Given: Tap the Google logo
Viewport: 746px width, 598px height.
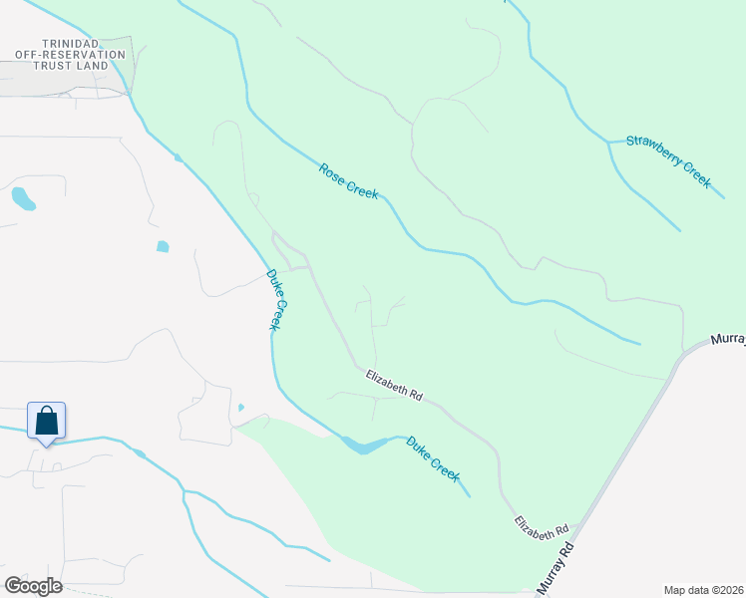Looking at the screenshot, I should click(33, 585).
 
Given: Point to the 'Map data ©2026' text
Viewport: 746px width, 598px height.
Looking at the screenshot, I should click(703, 589).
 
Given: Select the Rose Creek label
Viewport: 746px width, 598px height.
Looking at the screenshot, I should click(349, 180).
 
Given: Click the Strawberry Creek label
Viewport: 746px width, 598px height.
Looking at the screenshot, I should click(667, 161).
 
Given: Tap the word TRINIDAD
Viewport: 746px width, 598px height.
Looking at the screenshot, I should click(68, 45).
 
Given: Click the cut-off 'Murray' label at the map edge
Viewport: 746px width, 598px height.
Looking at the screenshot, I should click(728, 340).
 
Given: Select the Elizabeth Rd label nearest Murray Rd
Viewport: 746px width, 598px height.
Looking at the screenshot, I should click(541, 528).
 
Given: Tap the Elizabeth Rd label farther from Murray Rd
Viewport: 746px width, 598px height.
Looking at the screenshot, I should click(393, 385).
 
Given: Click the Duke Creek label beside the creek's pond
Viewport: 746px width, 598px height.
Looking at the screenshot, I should click(433, 458).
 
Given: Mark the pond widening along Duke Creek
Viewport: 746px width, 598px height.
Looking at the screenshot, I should click(364, 446).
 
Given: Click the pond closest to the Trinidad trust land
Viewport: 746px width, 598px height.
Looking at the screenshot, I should click(23, 198).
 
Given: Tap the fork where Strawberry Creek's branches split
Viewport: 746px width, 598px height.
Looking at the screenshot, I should click(608, 144).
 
